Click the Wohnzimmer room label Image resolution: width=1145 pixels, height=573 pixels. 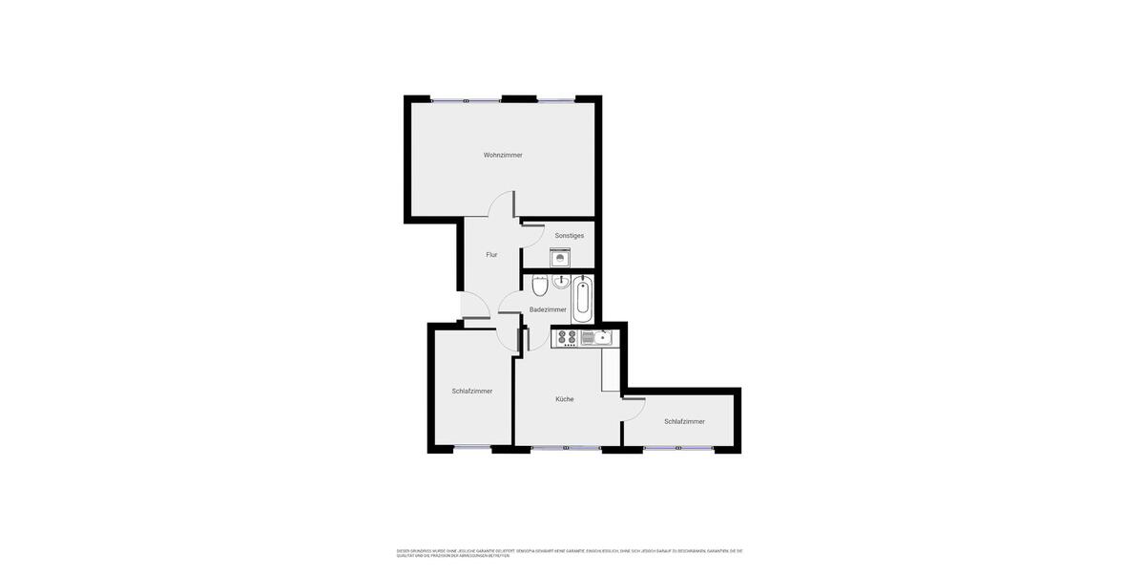coord(503,155)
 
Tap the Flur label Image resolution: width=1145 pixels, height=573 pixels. coord(491,255)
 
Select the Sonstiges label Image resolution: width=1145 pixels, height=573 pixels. coord(570,236)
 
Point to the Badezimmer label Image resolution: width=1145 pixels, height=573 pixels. coord(548,309)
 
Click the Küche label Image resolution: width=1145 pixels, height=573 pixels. coord(565,399)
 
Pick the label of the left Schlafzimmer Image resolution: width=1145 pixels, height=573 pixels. coord(472,392)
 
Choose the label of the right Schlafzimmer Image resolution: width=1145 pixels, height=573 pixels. coord(684,422)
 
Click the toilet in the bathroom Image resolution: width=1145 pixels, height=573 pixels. coord(540,285)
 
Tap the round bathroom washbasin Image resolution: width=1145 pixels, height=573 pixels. coord(561,281)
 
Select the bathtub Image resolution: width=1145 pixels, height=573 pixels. coord(583,299)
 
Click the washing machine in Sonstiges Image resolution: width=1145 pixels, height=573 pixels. coord(560,257)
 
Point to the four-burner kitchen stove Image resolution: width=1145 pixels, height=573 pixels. coord(567,338)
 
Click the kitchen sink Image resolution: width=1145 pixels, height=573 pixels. coord(602,337)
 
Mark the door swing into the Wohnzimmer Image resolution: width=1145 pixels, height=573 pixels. coord(500,204)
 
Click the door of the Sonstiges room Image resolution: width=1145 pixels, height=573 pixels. coord(533,232)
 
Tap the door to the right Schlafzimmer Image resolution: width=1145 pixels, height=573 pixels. coord(634,410)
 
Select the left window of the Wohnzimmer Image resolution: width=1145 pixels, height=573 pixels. coord(466,99)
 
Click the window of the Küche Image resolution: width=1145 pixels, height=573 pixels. coord(566,448)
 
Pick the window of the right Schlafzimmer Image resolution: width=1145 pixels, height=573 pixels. coord(678,448)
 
